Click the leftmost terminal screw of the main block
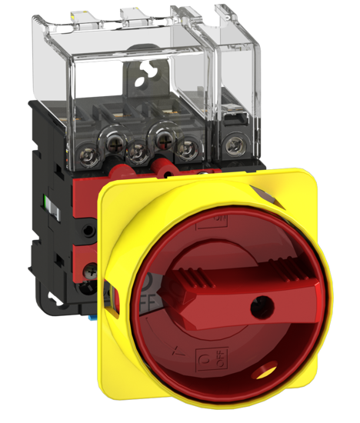(102, 142)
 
